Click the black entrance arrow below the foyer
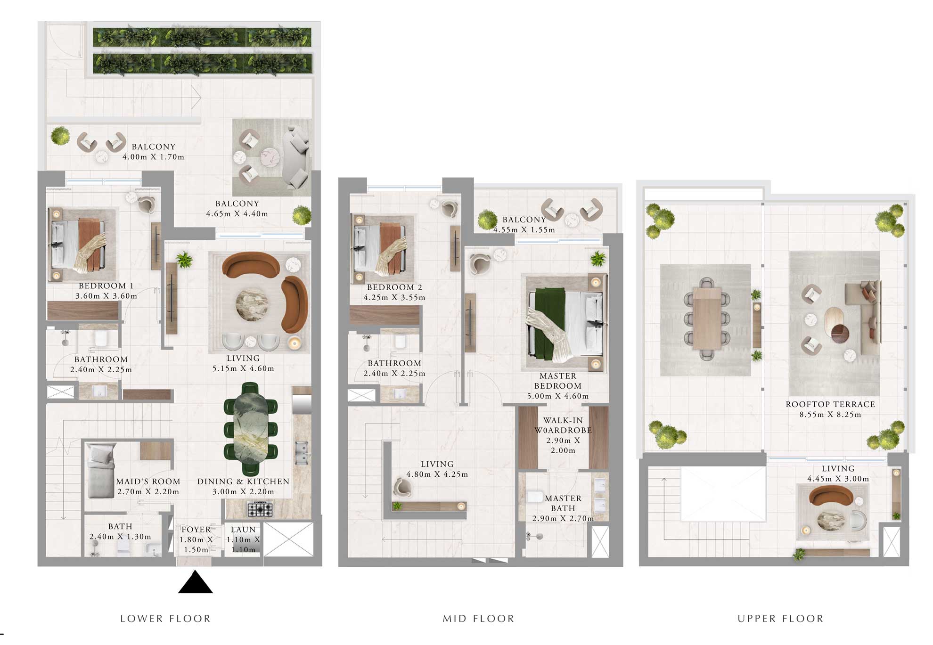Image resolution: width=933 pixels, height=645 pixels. tap(195, 583)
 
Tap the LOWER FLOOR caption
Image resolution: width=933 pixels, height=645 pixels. tap(165, 619)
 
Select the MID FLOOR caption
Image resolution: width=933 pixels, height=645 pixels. tap(478, 619)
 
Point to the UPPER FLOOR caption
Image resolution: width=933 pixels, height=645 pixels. tap(780, 619)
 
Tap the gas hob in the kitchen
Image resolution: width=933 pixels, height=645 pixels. tap(260, 509)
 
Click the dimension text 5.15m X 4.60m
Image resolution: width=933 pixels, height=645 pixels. tap(243, 368)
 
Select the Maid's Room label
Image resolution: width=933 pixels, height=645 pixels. tap(148, 482)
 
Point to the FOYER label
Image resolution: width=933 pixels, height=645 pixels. tap(196, 530)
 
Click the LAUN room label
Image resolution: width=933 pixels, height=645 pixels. tap(243, 530)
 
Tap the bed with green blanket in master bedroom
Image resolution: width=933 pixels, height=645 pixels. tap(565, 323)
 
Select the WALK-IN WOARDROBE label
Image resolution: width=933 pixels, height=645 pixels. tap(563, 425)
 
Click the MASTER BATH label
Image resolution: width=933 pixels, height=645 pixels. tap(563, 503)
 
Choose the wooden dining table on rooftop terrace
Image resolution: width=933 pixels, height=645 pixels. tap(707, 318)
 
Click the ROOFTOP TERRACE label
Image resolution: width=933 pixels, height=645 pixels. tap(830, 404)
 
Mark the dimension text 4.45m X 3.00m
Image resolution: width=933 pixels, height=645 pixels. tap(838, 479)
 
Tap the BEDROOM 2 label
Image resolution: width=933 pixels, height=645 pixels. tap(394, 287)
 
